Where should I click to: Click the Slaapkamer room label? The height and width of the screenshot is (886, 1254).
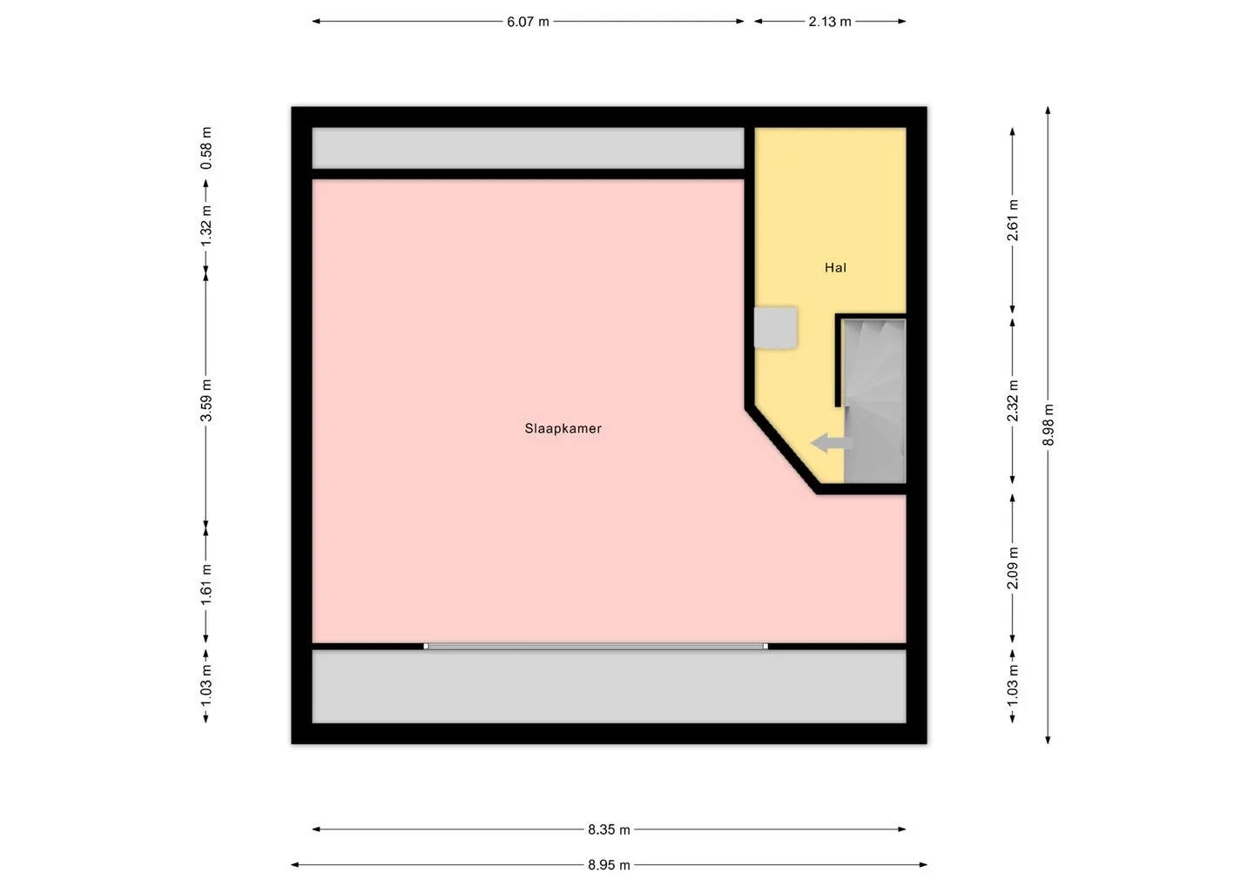563,428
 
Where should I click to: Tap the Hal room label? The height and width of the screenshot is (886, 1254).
835,268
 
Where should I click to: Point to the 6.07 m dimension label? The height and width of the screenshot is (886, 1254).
528,22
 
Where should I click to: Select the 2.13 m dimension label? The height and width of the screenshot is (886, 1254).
830,22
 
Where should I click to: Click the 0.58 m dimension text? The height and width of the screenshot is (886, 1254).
206,148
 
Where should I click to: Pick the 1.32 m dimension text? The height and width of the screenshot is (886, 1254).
206,225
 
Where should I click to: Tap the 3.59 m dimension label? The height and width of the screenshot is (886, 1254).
206,400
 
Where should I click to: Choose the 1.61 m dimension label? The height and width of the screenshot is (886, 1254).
206,585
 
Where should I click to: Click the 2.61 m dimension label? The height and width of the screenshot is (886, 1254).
1013,220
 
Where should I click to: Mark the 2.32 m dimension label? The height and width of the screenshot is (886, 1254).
1013,400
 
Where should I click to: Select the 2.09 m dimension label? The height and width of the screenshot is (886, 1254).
1013,568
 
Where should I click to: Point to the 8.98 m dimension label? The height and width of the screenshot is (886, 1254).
1048,425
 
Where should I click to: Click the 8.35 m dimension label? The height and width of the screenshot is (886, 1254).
609,829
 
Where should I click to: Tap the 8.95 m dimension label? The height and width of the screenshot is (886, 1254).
609,865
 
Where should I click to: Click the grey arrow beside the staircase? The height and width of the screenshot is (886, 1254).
832,443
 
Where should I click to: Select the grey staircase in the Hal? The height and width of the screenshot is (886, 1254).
874,400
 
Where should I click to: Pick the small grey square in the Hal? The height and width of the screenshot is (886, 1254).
775,328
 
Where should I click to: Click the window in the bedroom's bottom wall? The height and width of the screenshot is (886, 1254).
596,646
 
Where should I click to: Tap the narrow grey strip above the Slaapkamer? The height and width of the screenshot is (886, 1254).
528,148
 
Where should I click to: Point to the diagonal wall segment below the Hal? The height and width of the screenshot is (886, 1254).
782,452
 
